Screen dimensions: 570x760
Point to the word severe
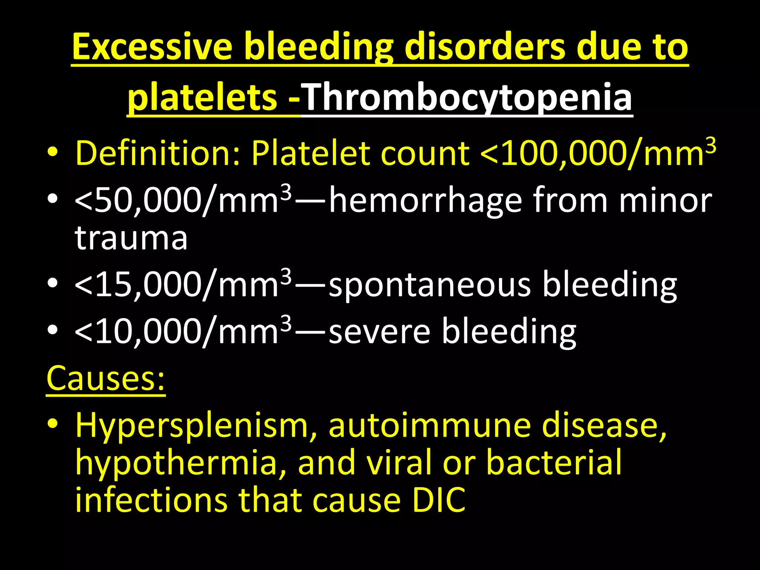(x=380, y=331)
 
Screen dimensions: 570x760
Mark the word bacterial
(x=554, y=462)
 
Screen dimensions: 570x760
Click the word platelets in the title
(x=202, y=97)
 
